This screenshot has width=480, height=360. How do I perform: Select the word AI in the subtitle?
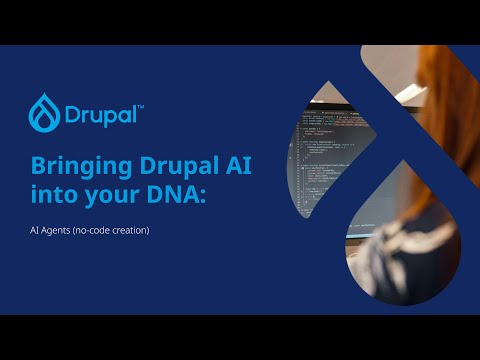pos(34,231)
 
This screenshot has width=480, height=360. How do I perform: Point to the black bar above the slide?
pos(240,22)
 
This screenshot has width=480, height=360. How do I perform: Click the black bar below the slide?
pos(240,337)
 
